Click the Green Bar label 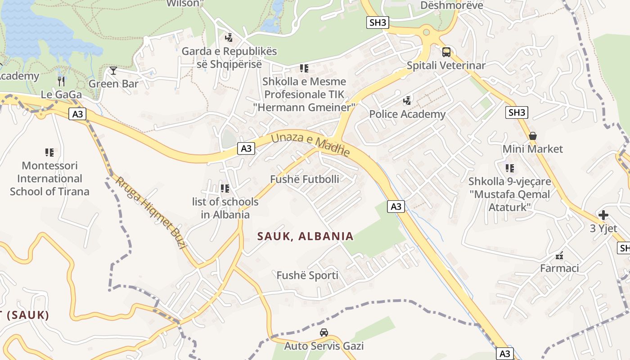point(113,84)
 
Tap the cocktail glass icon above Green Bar point(113,71)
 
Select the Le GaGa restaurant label point(61,94)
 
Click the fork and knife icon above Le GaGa point(61,81)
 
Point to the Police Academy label point(407,114)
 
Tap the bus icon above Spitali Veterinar point(446,52)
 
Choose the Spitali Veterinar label point(446,65)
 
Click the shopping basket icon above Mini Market point(533,136)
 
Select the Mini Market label point(533,149)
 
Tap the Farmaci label point(559,268)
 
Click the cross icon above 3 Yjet point(603,215)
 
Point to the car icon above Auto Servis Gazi point(324,333)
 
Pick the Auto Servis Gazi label point(324,346)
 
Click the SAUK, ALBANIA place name point(306,236)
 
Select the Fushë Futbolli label point(305,179)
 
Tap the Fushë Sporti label point(307,275)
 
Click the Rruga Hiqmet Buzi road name point(151,212)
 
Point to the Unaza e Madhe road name point(310,144)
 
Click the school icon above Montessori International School point(49,153)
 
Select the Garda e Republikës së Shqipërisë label point(229,58)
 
